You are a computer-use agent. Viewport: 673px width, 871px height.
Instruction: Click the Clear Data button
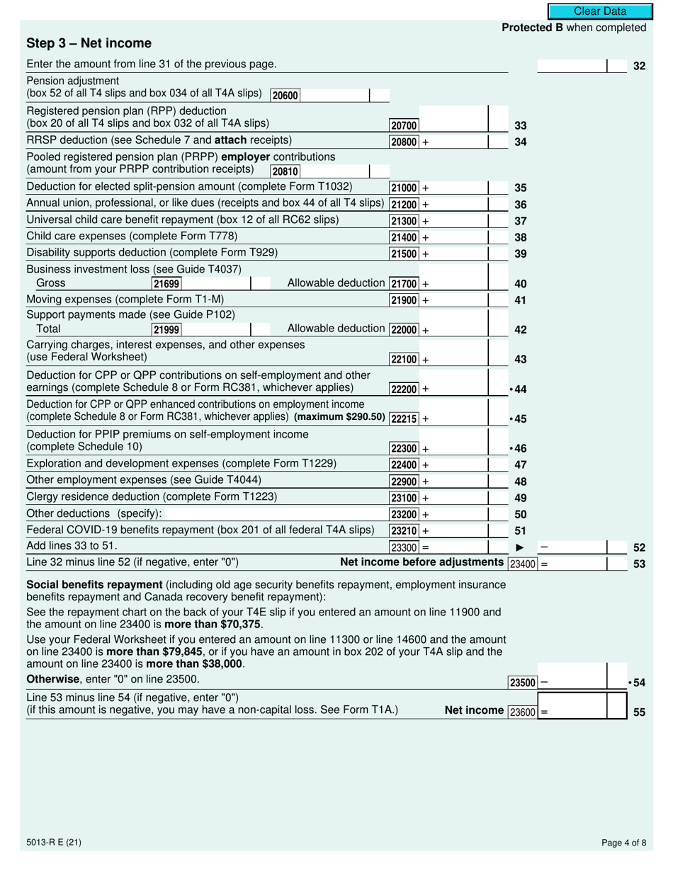coord(599,11)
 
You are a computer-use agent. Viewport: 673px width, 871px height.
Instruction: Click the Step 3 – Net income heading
coord(89,43)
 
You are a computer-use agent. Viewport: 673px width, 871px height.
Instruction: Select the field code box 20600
coord(285,96)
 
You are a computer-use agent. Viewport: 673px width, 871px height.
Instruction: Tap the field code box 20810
coord(285,171)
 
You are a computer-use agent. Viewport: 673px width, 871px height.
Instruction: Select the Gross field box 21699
coord(166,284)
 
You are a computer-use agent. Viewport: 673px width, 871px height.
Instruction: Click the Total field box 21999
coord(166,329)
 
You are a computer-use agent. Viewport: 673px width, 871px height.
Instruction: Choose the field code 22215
coord(404,419)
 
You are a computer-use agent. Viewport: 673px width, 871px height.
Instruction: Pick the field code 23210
coord(404,530)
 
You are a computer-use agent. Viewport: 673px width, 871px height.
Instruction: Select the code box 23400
coord(524,564)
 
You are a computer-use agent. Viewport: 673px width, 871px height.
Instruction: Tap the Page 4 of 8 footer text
coord(623,843)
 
